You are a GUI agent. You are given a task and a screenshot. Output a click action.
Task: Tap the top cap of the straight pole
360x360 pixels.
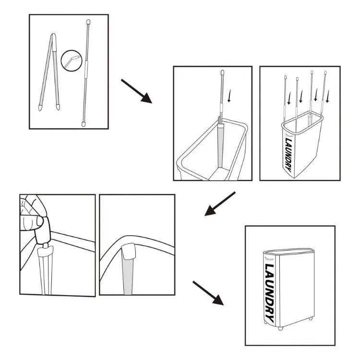pos(88,22)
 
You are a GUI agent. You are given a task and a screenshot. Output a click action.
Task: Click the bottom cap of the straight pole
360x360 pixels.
pos(84,124)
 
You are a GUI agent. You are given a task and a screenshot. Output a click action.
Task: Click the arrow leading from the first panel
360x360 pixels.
pos(136,91)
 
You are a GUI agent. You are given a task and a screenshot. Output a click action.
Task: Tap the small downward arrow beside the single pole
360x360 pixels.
pos(229,96)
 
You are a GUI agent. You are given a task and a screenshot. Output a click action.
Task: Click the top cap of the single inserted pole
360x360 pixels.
pos(222,72)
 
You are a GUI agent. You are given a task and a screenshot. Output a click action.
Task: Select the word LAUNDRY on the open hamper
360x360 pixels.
pos(288,155)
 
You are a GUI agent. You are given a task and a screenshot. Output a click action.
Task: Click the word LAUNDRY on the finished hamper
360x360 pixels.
pos(269,293)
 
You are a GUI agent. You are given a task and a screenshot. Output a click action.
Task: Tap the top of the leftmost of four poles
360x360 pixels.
pos(286,77)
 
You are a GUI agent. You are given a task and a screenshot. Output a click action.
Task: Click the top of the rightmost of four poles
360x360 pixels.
pos(325,73)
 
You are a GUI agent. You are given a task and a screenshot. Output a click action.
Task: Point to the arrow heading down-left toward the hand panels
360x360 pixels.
pos(220,204)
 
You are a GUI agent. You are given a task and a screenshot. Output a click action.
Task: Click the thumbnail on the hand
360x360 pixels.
pos(39,221)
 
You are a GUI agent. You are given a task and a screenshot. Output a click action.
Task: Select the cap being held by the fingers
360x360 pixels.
pos(42,230)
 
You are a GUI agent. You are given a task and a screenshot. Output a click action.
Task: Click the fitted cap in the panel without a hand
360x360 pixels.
pos(129,251)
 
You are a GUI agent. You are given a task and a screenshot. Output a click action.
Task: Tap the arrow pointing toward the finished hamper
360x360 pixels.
pos(208,293)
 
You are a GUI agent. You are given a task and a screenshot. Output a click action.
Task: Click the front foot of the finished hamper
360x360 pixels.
pos(280,328)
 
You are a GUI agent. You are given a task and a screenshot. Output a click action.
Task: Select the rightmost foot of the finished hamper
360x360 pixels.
pos(311,318)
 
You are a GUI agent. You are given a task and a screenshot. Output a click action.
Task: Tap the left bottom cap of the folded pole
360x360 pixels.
pos(40,108)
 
